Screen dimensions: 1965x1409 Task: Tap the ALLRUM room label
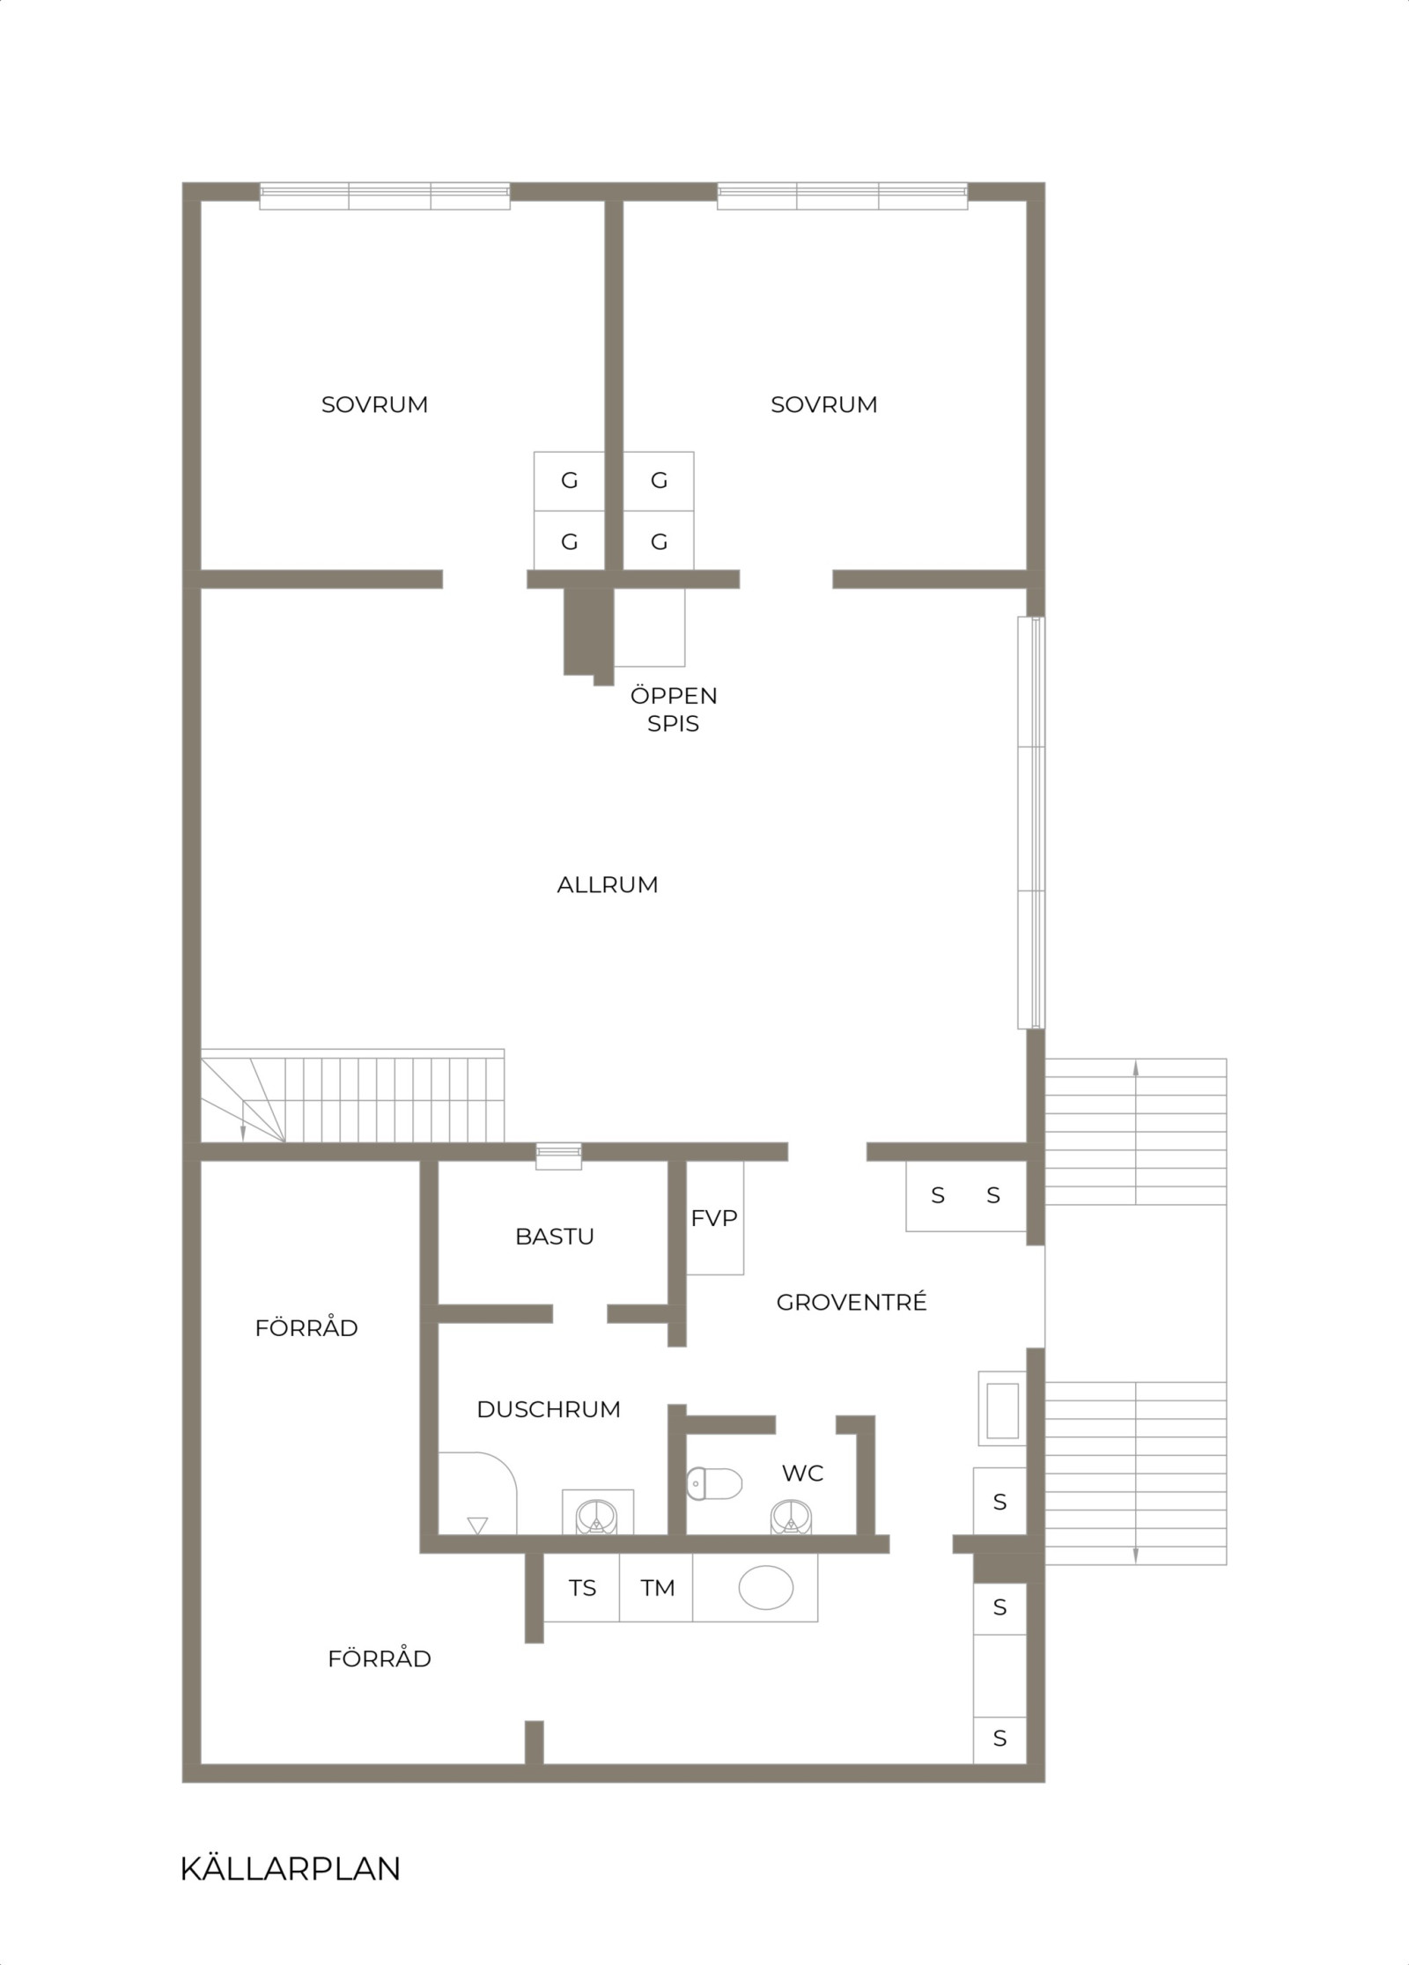(x=608, y=884)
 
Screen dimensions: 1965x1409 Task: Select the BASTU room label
(x=555, y=1237)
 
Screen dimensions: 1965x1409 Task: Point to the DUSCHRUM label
(x=549, y=1409)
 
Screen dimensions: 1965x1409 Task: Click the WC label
(x=802, y=1473)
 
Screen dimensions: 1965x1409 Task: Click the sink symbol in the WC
(x=790, y=1517)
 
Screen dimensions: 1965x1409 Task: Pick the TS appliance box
(x=582, y=1588)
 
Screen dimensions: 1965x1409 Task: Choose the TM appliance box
(x=657, y=1588)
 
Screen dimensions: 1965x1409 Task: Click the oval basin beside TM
(x=765, y=1588)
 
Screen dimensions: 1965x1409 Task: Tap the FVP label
(x=714, y=1218)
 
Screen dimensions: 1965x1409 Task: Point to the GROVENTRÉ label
(x=852, y=1303)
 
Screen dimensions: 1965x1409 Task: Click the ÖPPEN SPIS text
(x=674, y=709)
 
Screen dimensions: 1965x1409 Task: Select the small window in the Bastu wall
(x=559, y=1156)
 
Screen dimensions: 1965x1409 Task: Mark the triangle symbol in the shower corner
(x=477, y=1525)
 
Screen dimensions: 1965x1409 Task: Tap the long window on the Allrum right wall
(x=1031, y=823)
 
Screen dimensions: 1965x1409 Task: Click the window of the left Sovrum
(x=385, y=196)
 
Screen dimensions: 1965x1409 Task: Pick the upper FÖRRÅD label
(x=306, y=1328)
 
